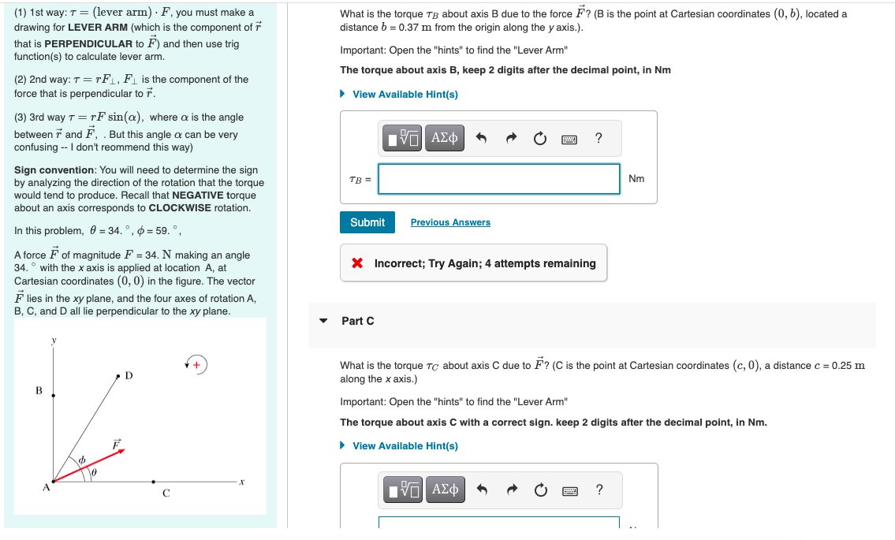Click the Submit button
pyautogui.click(x=367, y=222)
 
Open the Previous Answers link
pyautogui.click(x=450, y=222)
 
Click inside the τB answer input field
pyautogui.click(x=498, y=179)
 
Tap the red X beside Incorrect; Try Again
pyautogui.click(x=357, y=263)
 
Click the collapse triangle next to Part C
pyautogui.click(x=323, y=321)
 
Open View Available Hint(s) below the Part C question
pyautogui.click(x=405, y=446)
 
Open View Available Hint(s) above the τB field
pyautogui.click(x=405, y=95)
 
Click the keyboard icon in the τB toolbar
pyautogui.click(x=569, y=140)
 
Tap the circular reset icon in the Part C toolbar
pyautogui.click(x=540, y=491)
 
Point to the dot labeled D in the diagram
pyautogui.click(x=118, y=376)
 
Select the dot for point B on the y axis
pyautogui.click(x=53, y=395)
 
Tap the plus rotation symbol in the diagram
pyautogui.click(x=196, y=364)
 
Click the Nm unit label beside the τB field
pyautogui.click(x=636, y=179)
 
